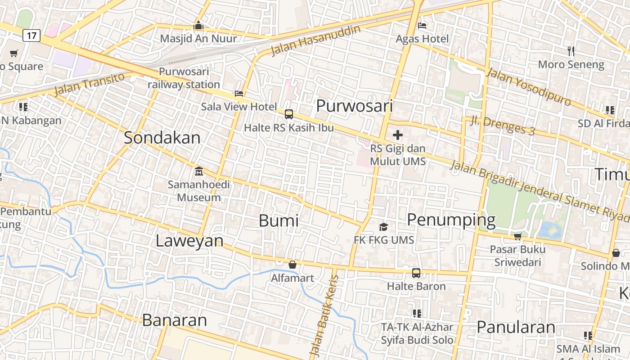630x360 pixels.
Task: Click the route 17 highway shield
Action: click(31, 36)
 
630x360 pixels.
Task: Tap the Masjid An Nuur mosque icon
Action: click(198, 25)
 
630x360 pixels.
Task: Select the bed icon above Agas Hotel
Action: click(422, 25)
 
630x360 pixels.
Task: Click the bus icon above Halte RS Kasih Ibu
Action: click(289, 114)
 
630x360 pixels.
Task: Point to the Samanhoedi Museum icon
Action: click(198, 171)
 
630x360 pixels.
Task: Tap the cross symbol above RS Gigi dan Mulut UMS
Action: click(398, 135)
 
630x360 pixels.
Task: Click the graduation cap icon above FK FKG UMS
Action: click(383, 227)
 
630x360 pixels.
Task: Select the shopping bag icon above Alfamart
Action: click(292, 265)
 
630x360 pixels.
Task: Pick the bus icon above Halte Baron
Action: click(416, 273)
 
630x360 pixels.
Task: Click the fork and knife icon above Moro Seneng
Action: click(571, 51)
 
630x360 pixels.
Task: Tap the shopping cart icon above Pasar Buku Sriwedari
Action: click(517, 236)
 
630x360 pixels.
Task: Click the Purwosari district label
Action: click(355, 106)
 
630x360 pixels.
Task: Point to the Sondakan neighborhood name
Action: click(162, 138)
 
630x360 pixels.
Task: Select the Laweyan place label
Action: click(189, 241)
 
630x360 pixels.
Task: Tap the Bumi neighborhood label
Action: click(279, 220)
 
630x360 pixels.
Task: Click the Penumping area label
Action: click(451, 220)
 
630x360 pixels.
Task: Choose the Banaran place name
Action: click(175, 320)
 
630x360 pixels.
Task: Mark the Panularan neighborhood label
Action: click(516, 327)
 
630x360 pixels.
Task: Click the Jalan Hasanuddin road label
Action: click(316, 40)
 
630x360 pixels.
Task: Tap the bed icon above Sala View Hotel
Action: click(239, 94)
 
